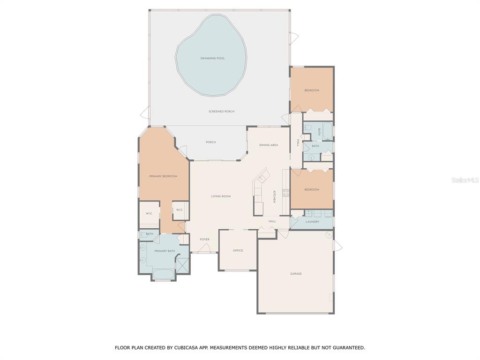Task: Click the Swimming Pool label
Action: pos(212,58)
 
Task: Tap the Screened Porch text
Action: pos(221,112)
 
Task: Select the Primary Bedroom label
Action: pos(163,176)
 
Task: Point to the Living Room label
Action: pos(221,196)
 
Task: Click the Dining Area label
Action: pos(269,145)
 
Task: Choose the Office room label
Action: pos(238,250)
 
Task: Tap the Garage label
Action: pos(296,274)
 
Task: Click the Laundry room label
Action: pos(312,222)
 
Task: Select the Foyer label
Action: pos(204,240)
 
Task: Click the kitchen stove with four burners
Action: pos(285,193)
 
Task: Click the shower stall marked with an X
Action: pos(183,265)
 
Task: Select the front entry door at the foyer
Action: pos(204,248)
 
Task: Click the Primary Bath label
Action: pos(165,251)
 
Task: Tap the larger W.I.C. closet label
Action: pos(149,213)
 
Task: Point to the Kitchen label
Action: pos(274,196)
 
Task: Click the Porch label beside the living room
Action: pos(210,142)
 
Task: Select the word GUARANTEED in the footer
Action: pos(349,348)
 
